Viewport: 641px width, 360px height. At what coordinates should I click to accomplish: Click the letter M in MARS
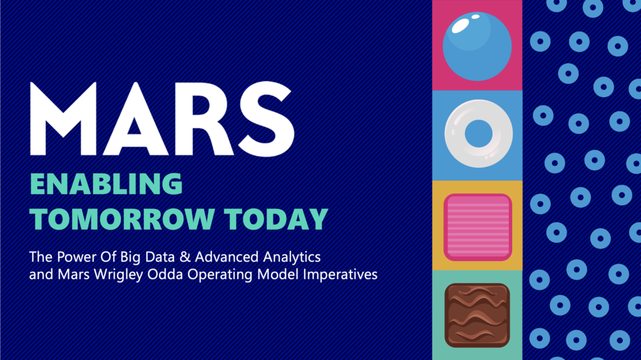63,118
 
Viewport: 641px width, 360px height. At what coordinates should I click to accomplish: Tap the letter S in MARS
267,118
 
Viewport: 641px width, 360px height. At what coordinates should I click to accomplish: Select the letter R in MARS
205,118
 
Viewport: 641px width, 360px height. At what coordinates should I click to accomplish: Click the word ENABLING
106,184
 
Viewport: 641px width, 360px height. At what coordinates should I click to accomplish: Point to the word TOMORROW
122,219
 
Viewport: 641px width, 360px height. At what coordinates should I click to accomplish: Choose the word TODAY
276,219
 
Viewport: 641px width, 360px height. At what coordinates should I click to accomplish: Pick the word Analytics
292,257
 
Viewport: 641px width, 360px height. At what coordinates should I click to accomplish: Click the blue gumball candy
477,46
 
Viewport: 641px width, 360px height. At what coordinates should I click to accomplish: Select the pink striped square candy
478,227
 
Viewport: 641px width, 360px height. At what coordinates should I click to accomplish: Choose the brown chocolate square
477,316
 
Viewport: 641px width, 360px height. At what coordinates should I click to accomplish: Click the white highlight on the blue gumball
460,26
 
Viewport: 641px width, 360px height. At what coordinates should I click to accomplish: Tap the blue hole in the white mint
479,134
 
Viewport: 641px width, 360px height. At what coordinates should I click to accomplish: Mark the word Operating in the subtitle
220,274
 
